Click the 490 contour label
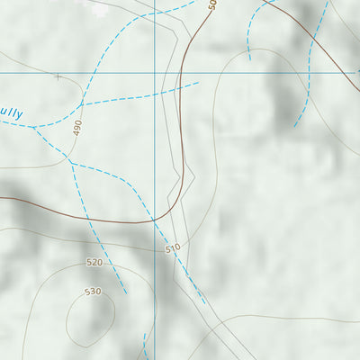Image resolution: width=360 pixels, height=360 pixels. [77, 128]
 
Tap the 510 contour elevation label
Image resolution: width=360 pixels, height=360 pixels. [174, 247]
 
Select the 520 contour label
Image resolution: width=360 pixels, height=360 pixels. [94, 262]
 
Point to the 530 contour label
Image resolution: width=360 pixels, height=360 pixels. [93, 292]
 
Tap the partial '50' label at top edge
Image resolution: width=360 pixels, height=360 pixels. [212, 4]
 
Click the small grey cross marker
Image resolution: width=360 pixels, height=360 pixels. [58, 77]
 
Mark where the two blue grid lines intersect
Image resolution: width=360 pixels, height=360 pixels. [155, 72]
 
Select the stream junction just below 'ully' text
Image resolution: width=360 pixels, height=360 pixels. [34, 127]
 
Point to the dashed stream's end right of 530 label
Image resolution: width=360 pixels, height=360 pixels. [126, 292]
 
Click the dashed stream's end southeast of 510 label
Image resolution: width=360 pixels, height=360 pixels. [205, 303]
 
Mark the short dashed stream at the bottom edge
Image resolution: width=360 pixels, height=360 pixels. [145, 346]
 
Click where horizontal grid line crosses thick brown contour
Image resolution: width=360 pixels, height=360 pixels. [183, 72]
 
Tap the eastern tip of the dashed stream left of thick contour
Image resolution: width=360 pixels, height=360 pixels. [198, 84]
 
